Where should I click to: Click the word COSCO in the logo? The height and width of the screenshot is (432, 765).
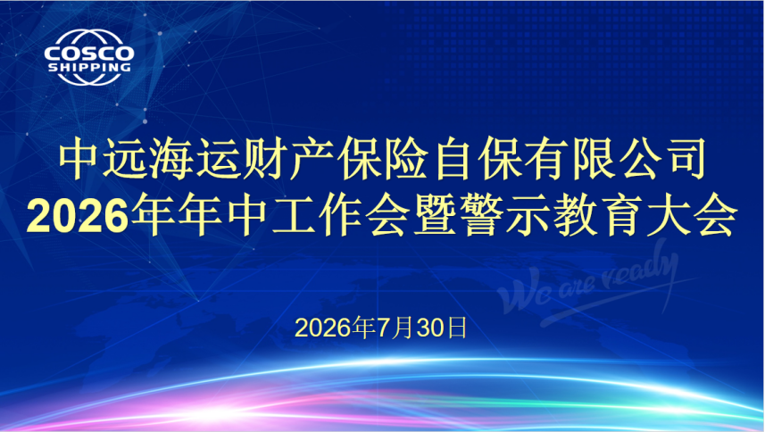pyautogui.click(x=88, y=54)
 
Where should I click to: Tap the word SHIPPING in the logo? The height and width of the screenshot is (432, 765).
pyautogui.click(x=89, y=67)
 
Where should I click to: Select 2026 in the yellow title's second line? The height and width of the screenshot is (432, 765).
pyautogui.click(x=77, y=215)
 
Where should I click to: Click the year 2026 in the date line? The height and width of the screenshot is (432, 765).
pyautogui.click(x=323, y=328)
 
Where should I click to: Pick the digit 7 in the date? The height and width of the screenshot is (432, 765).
pyautogui.click(x=383, y=328)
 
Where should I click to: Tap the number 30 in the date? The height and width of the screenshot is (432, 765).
pyautogui.click(x=430, y=328)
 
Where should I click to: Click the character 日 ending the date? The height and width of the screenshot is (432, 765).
pyautogui.click(x=457, y=328)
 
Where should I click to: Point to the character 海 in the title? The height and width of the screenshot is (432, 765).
pyautogui.click(x=171, y=160)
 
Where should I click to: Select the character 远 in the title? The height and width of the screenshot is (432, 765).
pyautogui.click(x=124, y=160)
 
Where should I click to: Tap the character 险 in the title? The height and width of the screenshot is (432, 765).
pyautogui.click(x=407, y=160)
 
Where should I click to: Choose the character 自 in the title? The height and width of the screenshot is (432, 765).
pyautogui.click(x=454, y=160)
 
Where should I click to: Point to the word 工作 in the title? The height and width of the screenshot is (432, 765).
pyautogui.click(x=318, y=215)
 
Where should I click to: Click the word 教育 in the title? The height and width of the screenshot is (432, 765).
pyautogui.click(x=600, y=215)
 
